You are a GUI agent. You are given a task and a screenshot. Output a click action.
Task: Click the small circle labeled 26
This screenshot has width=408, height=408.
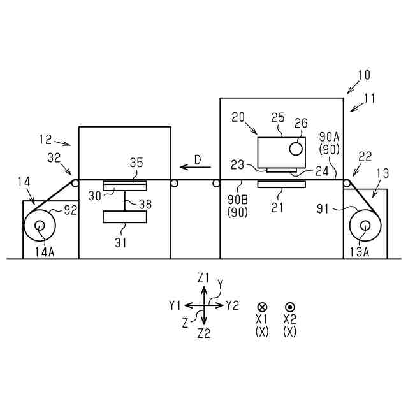point(296,149)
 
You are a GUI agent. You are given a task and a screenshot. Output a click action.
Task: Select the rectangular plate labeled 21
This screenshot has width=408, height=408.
point(281,184)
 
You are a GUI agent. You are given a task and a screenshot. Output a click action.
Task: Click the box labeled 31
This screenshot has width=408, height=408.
point(124,217)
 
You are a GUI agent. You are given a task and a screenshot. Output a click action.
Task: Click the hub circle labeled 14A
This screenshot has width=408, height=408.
point(40,226)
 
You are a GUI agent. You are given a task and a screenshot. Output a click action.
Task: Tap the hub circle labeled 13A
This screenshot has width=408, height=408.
point(366,225)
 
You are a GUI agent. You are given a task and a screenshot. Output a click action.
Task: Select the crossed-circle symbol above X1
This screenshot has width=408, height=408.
point(262,307)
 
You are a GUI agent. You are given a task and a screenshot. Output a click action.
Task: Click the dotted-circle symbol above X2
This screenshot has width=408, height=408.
point(289,307)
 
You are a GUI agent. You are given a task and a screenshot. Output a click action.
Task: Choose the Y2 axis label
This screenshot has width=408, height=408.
point(232,305)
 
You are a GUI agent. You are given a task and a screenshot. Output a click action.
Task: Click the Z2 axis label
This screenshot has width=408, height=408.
point(204,333)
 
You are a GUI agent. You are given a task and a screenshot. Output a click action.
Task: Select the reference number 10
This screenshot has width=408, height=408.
point(363,75)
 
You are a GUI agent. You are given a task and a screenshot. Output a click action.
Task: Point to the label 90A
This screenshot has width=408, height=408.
point(330,137)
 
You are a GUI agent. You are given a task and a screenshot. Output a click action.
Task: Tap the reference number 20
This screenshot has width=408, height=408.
point(238,117)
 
